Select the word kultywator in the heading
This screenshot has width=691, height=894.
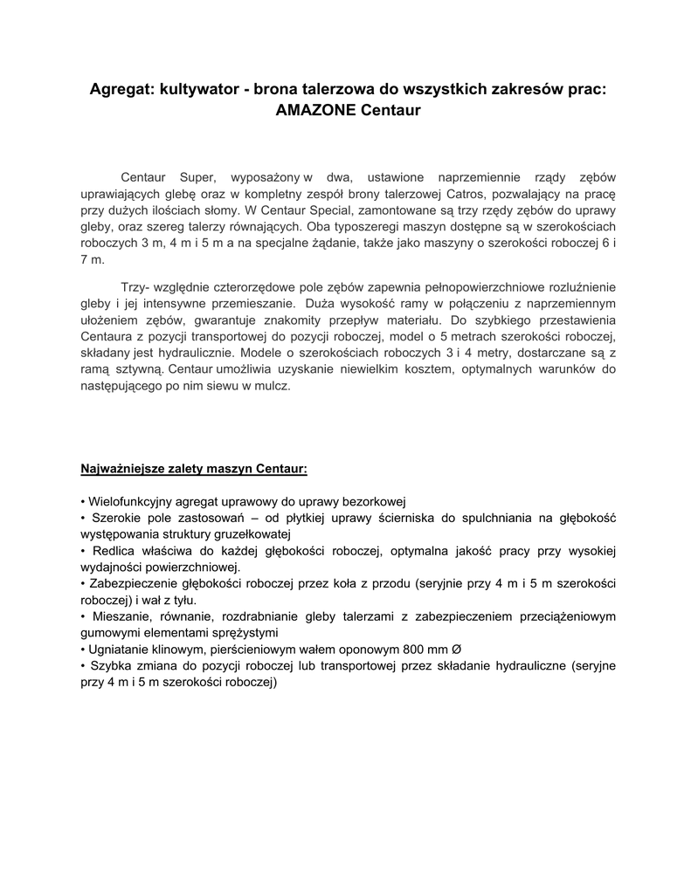click(x=197, y=90)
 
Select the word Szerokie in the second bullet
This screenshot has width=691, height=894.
click(x=112, y=519)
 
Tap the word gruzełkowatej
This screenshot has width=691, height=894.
click(x=252, y=534)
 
